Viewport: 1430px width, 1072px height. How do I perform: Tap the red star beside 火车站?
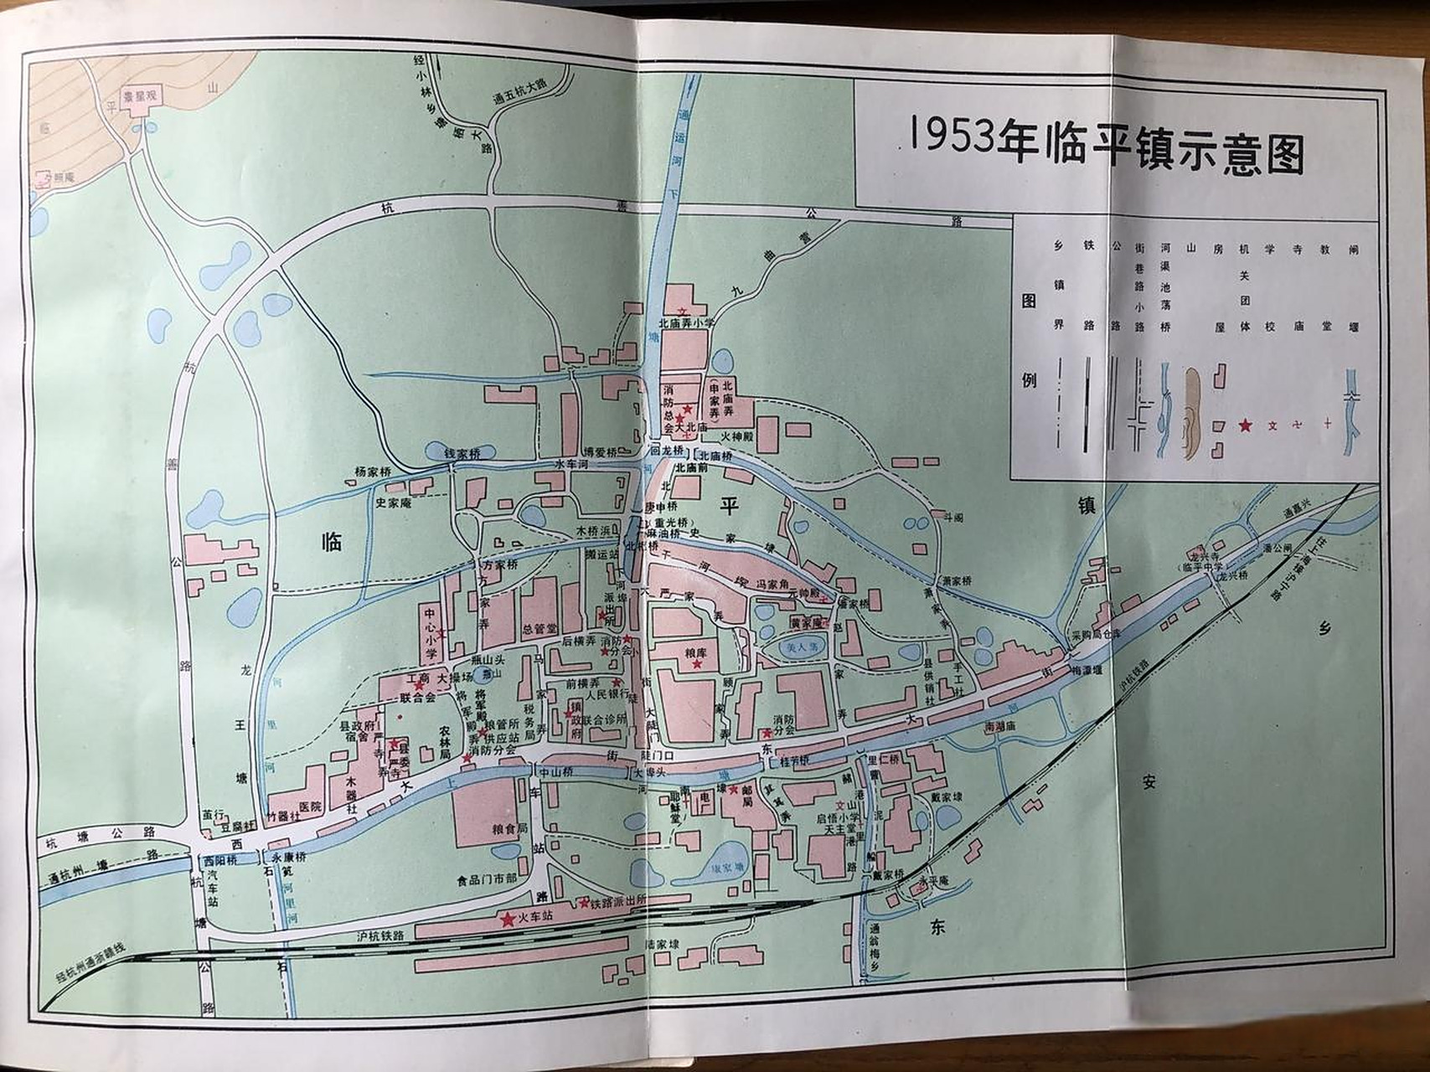(x=507, y=919)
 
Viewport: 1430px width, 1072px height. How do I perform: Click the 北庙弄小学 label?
(x=686, y=322)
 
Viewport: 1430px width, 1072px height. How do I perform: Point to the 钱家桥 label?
(x=462, y=453)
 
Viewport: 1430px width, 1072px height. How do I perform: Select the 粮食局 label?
(x=509, y=827)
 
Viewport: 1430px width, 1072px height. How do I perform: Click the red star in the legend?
(x=1245, y=425)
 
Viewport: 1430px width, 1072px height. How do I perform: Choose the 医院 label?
(x=310, y=807)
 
